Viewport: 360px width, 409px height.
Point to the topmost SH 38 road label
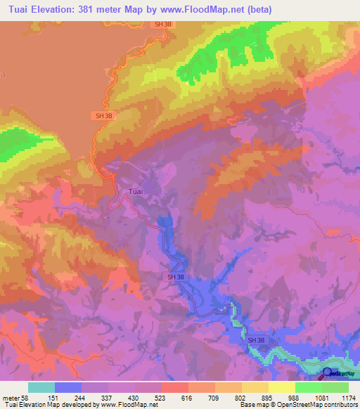point(162,24)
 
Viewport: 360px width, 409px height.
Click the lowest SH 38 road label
point(257,340)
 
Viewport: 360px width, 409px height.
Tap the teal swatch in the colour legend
point(41,387)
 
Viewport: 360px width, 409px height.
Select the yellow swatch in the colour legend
point(281,387)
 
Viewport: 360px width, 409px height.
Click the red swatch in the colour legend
point(174,387)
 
